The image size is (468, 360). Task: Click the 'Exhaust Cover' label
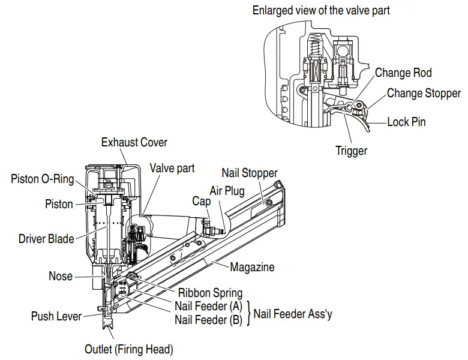[x=134, y=142]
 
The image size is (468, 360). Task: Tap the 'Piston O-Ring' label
[x=42, y=179]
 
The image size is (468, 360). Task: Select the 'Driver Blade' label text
[x=46, y=239]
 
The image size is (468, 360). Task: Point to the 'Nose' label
[x=61, y=276]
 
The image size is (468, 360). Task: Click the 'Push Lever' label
[x=56, y=316]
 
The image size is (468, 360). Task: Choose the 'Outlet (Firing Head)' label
[x=129, y=348]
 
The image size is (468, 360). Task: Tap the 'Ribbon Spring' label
[x=210, y=293]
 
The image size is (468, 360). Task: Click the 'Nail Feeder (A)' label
[x=208, y=307]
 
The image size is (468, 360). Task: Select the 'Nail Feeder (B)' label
[x=208, y=320]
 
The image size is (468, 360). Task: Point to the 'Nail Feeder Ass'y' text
[x=293, y=313]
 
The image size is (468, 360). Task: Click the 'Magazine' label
[x=252, y=267]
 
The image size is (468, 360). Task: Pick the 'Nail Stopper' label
[x=250, y=173]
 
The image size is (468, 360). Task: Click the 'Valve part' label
[x=172, y=168]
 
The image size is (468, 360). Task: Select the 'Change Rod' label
[x=403, y=73]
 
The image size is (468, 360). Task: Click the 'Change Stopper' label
[x=424, y=93]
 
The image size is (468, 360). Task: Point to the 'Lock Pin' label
[x=406, y=122]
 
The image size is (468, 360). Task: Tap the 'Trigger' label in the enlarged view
[x=351, y=151]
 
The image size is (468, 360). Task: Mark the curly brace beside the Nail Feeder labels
[x=248, y=313]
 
